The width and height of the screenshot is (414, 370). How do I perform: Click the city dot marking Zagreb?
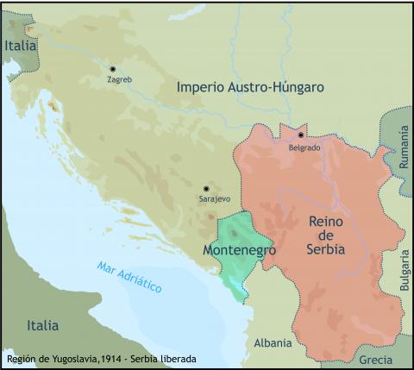pos(112,68)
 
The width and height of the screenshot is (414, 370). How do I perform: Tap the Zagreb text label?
pos(119,79)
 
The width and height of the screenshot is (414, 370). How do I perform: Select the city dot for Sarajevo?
pos(206,188)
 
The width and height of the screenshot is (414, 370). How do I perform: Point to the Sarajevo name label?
pos(215,199)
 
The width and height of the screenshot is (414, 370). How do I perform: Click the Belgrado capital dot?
pos(301,135)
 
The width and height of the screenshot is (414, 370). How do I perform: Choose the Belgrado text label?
pos(304,147)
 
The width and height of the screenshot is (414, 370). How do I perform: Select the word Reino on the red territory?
pos(326,221)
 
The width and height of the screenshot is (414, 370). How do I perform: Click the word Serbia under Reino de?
pos(326,249)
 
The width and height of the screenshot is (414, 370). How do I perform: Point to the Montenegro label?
pos(238,249)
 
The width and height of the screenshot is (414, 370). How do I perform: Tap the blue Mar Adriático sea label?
pos(129,278)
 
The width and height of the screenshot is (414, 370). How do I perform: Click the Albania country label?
pos(273,342)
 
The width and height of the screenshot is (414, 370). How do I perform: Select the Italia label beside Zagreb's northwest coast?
pos(20,46)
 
